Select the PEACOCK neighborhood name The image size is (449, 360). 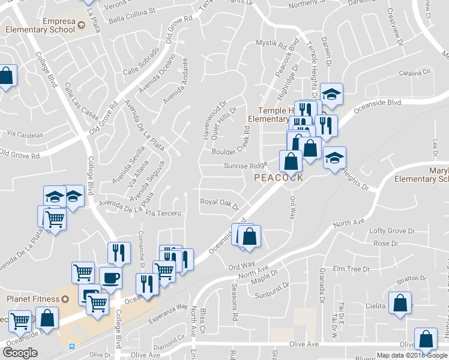tap(278, 178)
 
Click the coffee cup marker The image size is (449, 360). tap(110, 278)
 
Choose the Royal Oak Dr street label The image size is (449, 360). tap(219, 204)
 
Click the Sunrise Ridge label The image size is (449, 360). tap(245, 166)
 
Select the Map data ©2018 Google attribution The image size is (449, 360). tap(412, 355)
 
